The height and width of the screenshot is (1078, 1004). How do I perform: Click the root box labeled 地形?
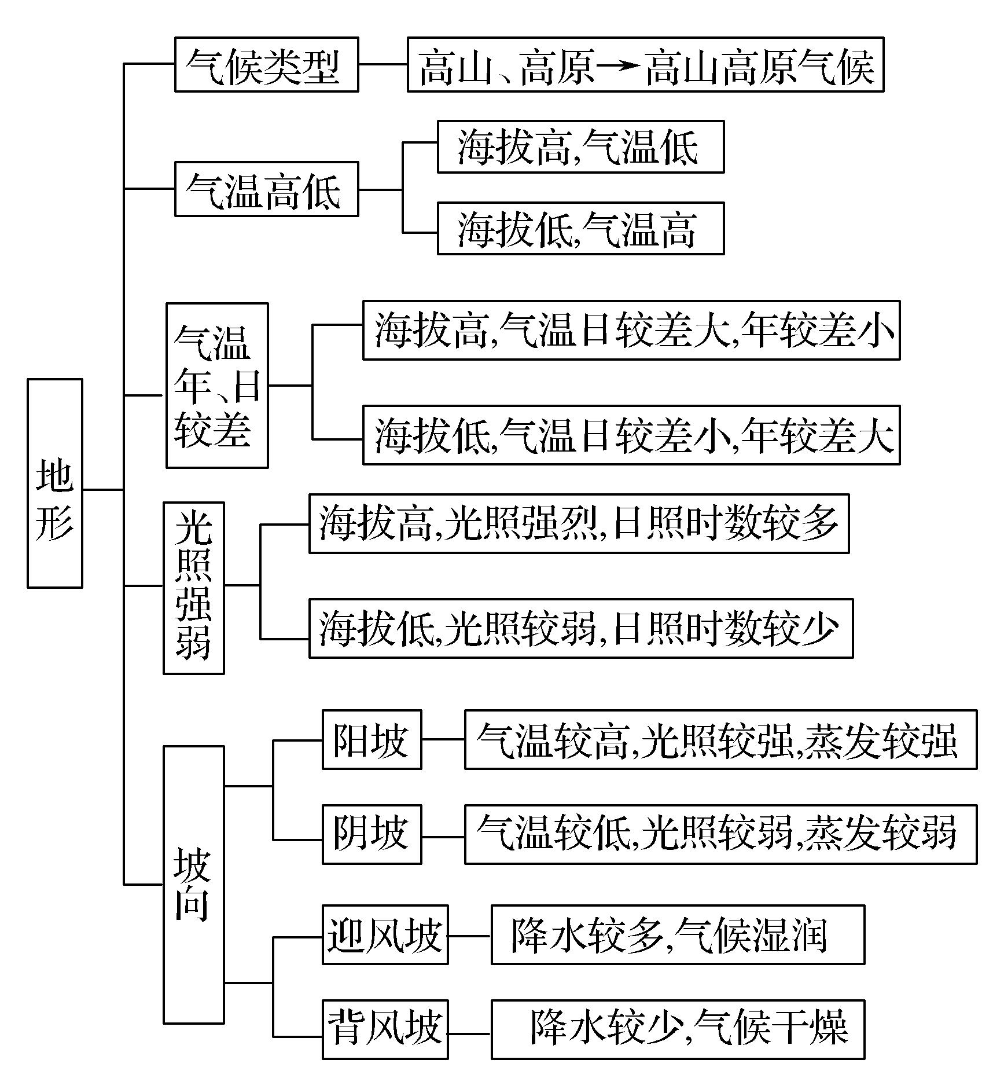(55, 483)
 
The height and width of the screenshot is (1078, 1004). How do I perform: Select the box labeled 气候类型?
(266, 65)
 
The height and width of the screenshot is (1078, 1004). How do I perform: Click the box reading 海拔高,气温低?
(580, 147)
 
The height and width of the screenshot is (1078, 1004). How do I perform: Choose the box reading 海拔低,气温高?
(580, 229)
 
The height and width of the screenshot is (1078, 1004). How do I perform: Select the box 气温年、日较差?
(217, 385)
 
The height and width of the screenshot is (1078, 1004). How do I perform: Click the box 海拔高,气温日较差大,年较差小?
(631, 331)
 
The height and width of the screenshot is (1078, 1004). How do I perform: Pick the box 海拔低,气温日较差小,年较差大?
(631, 435)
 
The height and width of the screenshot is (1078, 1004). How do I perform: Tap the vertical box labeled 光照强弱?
(194, 588)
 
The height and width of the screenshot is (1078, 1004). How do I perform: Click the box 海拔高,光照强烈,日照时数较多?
(579, 524)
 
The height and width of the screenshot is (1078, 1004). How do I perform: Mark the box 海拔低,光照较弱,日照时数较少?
(580, 629)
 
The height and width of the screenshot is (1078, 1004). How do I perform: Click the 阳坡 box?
(372, 739)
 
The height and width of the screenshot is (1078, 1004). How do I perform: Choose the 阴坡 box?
(372, 834)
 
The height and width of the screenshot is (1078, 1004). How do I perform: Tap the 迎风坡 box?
(385, 935)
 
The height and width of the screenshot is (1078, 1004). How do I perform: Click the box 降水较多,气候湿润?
(678, 935)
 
